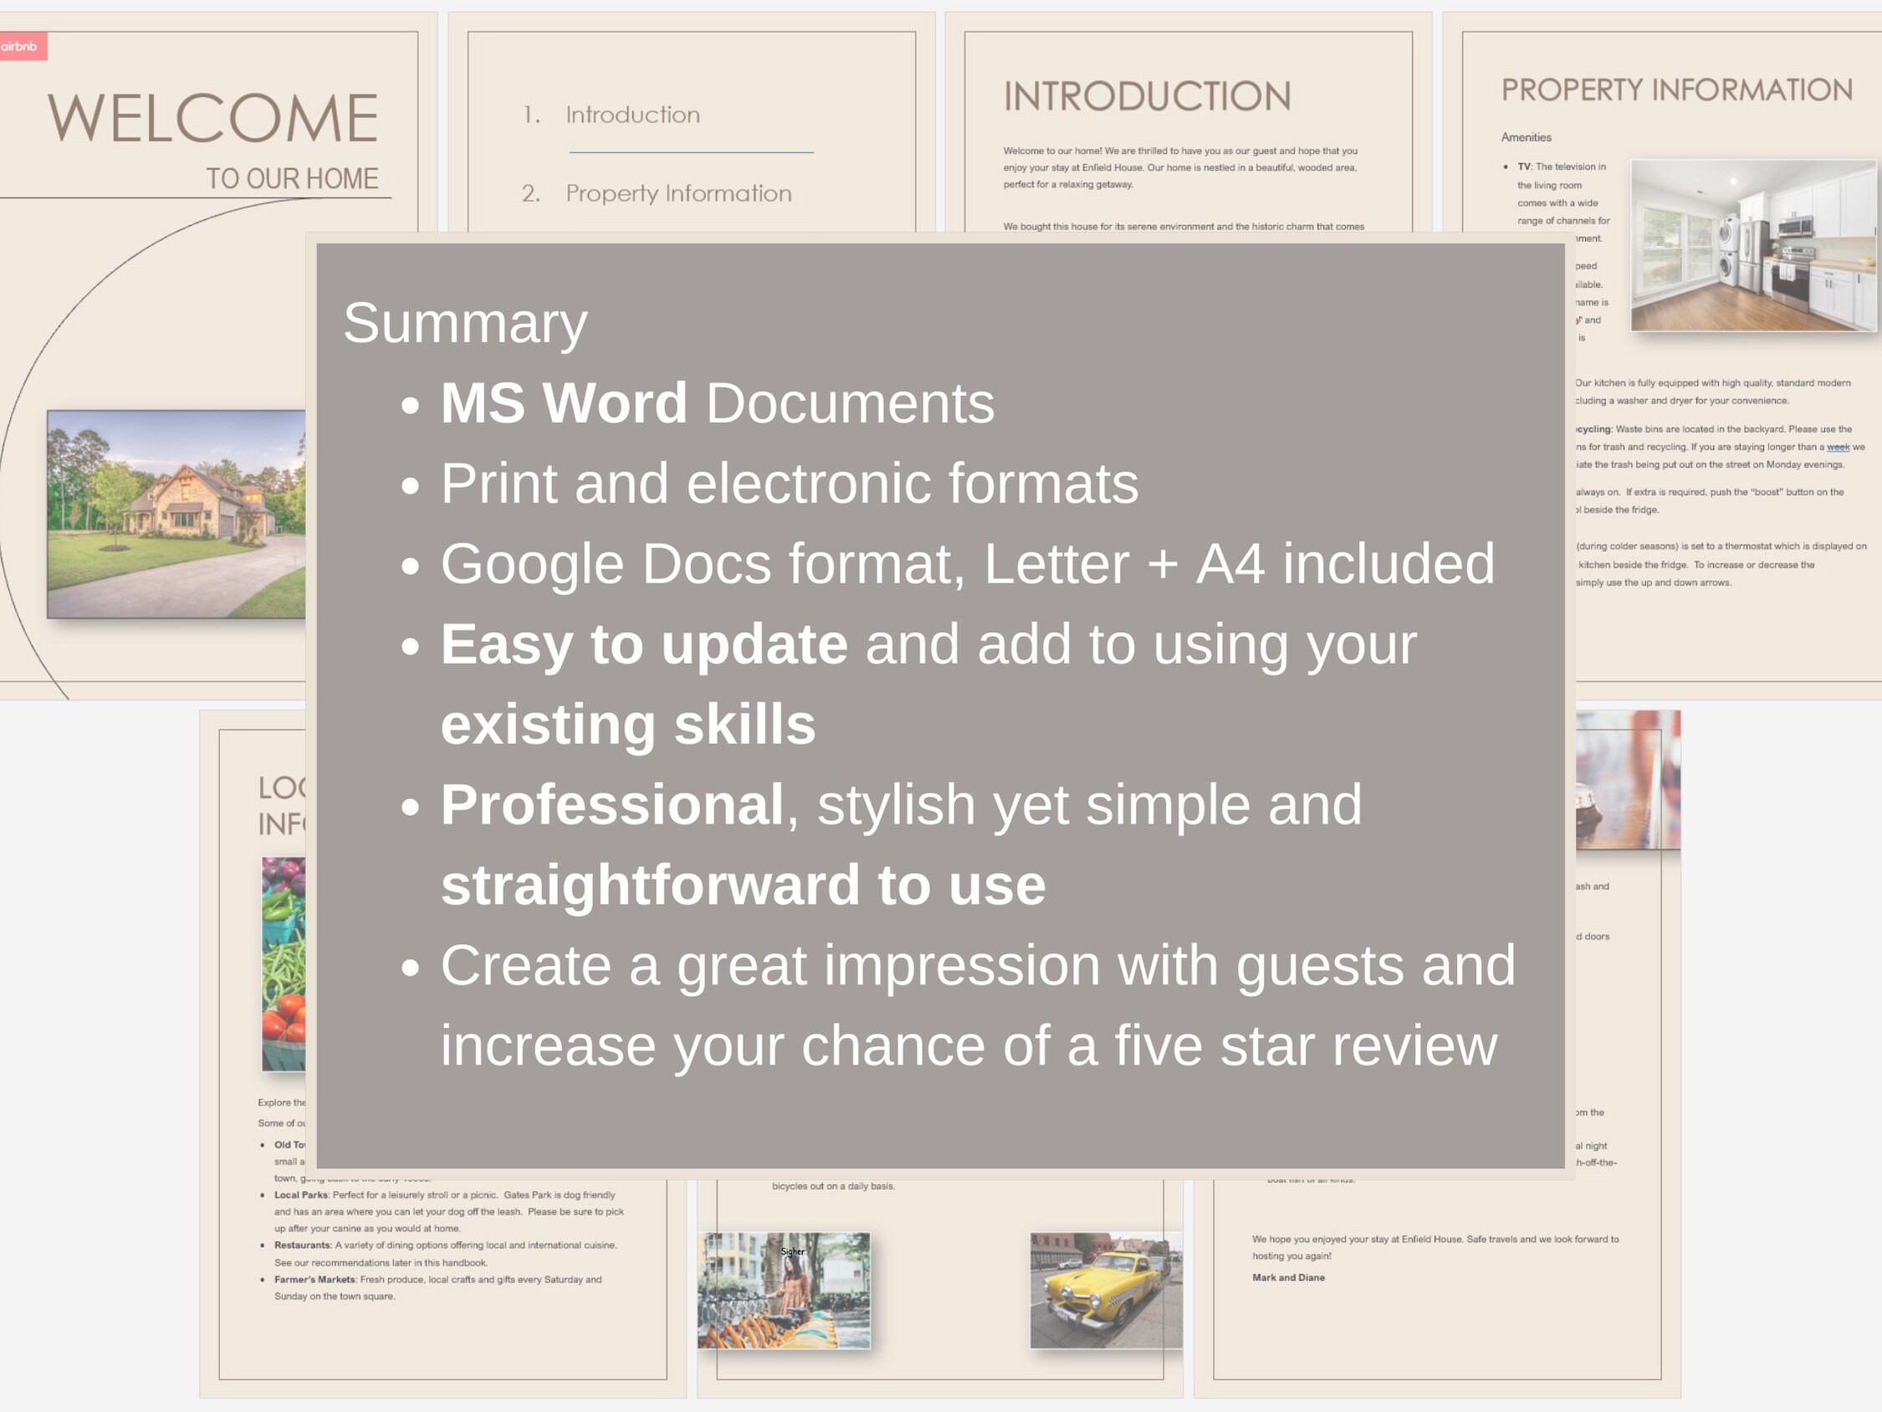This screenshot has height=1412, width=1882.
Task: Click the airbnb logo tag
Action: (x=20, y=46)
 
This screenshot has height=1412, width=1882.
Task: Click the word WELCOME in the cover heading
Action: (x=212, y=118)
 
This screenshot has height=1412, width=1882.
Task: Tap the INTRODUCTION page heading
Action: (x=1147, y=96)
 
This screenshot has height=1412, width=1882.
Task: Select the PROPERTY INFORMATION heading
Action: (x=1676, y=90)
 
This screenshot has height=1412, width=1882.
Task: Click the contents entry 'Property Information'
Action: (x=678, y=193)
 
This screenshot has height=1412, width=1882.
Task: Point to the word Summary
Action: (x=464, y=323)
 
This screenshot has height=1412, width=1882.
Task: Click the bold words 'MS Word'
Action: (x=563, y=403)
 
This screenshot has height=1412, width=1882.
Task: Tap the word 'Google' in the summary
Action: (x=532, y=563)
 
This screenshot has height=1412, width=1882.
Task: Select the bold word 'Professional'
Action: (x=611, y=804)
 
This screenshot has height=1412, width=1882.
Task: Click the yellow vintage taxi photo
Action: (x=1105, y=1290)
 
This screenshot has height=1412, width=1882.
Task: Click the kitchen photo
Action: (x=1752, y=245)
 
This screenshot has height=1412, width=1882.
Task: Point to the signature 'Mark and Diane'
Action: (x=1288, y=1277)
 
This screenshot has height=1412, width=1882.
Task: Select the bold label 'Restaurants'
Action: (x=302, y=1245)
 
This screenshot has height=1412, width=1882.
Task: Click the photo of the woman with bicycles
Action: (x=784, y=1291)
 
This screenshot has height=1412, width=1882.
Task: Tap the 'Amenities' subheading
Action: (x=1526, y=137)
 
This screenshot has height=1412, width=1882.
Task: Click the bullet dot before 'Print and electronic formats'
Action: (x=411, y=485)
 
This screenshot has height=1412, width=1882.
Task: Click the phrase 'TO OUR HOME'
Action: (x=292, y=179)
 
